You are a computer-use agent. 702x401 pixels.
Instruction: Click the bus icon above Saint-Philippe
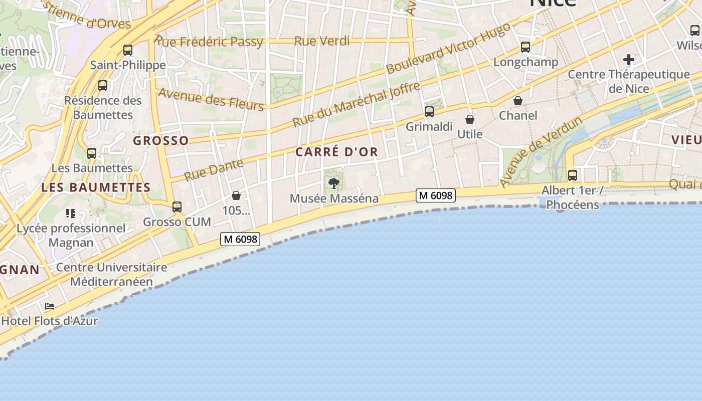click(x=128, y=50)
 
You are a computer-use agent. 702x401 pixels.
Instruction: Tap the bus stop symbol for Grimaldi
click(x=429, y=112)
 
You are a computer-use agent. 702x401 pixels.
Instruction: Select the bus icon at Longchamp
click(x=525, y=47)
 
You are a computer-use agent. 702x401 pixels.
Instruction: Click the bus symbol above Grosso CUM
click(x=177, y=207)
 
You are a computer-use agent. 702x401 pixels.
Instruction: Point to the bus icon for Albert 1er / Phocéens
click(x=573, y=175)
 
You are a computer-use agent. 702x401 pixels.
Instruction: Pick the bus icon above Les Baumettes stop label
click(x=92, y=153)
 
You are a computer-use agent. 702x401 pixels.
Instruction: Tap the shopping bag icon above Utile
click(x=470, y=119)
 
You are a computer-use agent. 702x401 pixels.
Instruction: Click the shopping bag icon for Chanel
click(x=518, y=101)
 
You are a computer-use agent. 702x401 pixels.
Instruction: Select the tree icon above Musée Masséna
click(x=334, y=183)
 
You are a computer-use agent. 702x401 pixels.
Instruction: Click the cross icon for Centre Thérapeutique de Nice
click(x=629, y=60)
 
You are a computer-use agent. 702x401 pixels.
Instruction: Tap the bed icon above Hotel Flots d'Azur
click(x=50, y=306)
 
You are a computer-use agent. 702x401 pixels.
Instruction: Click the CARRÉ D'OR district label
click(x=336, y=152)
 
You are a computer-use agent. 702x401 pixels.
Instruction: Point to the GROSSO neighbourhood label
click(x=161, y=141)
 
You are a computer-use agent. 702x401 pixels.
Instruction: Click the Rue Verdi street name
click(x=322, y=41)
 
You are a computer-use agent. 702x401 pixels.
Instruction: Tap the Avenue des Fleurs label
click(x=211, y=99)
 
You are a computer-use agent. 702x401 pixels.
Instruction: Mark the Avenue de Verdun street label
click(x=541, y=152)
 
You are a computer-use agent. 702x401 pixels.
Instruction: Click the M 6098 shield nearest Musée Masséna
click(x=435, y=195)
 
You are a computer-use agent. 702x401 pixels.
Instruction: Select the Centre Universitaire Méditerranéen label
click(x=111, y=274)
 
